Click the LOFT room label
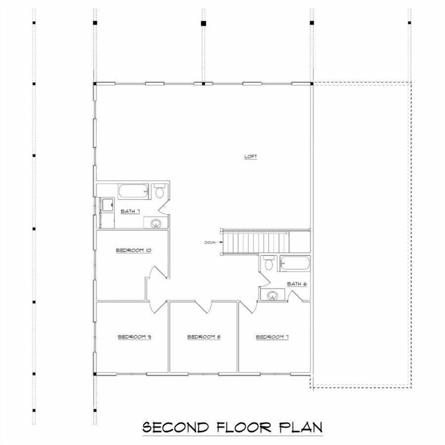coord(250,157)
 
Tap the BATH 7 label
coord(130,211)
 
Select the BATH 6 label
coord(297,284)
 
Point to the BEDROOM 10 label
coord(134,250)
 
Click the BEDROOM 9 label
coord(134,337)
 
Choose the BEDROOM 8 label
coord(203,337)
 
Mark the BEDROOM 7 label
coord(273,337)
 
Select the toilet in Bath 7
coord(159,192)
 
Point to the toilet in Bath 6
coord(267,264)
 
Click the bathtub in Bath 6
coord(294,264)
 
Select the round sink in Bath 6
coord(272,295)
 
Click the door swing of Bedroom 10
coord(154,278)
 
